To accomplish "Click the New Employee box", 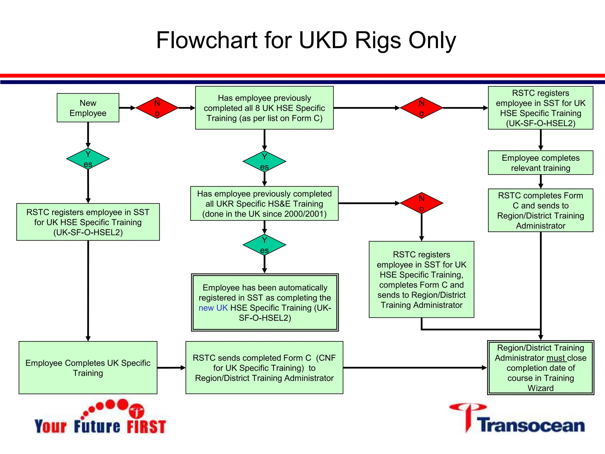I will tap(88, 108).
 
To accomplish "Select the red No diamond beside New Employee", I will tap(157, 108).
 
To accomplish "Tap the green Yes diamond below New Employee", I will tap(88, 159).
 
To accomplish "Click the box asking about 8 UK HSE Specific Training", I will tap(264, 108).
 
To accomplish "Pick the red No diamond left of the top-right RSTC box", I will tap(421, 108).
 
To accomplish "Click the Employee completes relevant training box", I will tap(540, 163).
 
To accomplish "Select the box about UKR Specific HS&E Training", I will tap(264, 204).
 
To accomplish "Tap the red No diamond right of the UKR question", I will tap(421, 203).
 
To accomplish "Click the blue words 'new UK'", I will tap(213, 308).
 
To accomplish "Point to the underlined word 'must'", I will tap(556, 358).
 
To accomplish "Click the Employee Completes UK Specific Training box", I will tap(88, 368).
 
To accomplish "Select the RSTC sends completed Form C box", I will tap(264, 368).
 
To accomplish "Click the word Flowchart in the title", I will tap(206, 40).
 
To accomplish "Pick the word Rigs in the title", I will tap(378, 40).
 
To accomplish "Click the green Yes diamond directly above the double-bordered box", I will tap(264, 245).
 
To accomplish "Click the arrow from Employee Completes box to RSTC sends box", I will tap(171, 368).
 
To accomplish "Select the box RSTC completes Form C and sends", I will tap(540, 210).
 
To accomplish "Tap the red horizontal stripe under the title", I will tap(302, 76).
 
